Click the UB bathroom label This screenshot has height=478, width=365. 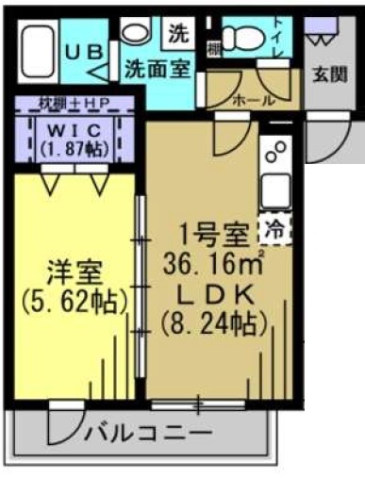tap(84, 53)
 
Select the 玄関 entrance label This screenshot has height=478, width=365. tap(330, 73)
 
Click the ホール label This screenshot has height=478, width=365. tap(252, 99)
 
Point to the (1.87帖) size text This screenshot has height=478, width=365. tap(75, 148)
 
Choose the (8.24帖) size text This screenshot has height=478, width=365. tap(214, 323)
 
